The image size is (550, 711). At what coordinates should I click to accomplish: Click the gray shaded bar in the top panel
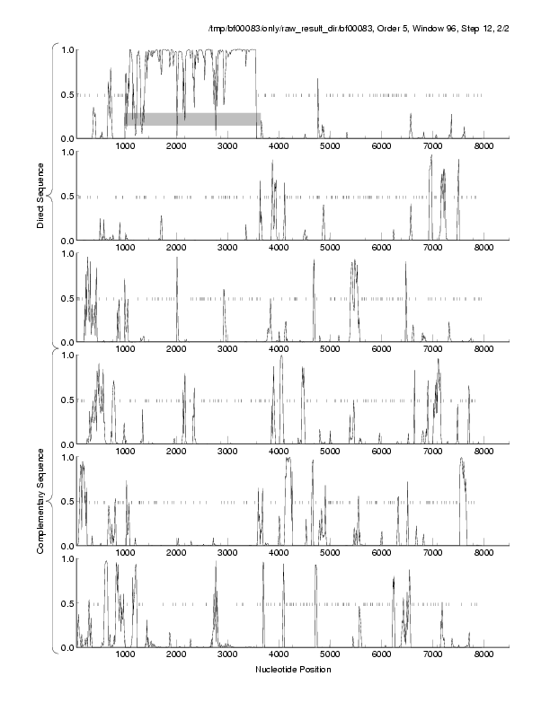192,118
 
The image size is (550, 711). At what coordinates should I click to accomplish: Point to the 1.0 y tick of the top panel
66,49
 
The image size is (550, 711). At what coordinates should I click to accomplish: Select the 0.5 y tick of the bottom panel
66,603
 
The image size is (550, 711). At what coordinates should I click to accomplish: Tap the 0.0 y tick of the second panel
66,241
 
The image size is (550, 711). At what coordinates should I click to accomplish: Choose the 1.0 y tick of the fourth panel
66,355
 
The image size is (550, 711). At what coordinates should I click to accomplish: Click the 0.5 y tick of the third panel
66,298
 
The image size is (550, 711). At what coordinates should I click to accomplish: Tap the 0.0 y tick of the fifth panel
66,546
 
